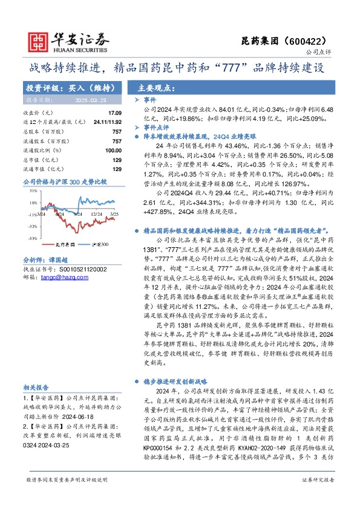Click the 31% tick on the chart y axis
click(x=33, y=191)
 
